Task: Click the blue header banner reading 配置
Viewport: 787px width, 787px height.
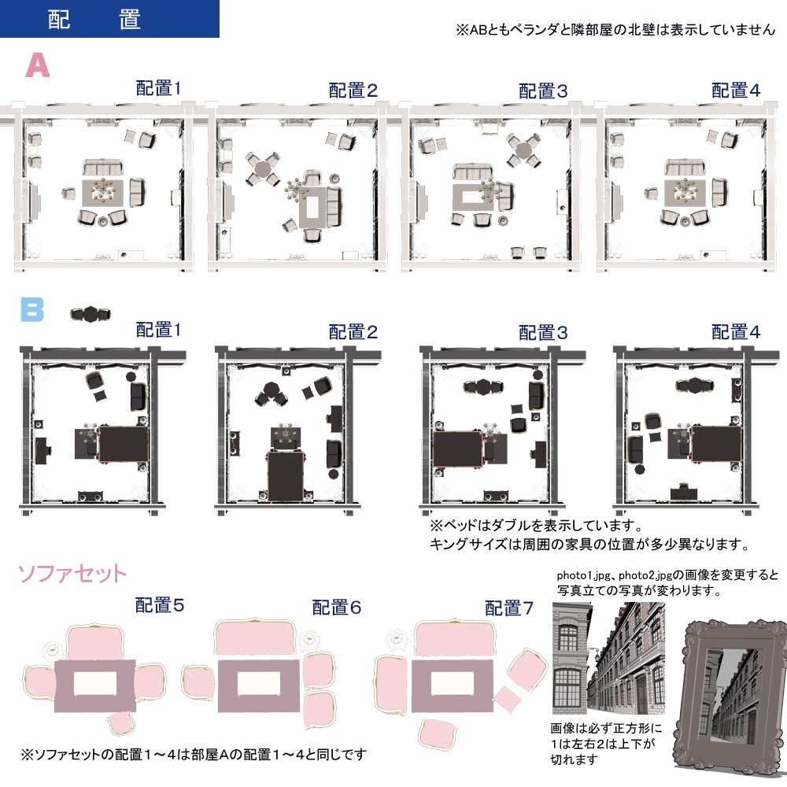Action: (109, 19)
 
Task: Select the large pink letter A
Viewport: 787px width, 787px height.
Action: (38, 66)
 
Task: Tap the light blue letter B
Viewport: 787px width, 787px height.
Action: (32, 310)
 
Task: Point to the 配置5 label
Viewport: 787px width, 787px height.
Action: (160, 605)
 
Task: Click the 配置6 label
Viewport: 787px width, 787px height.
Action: (337, 608)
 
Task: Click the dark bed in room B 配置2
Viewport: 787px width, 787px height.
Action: (286, 475)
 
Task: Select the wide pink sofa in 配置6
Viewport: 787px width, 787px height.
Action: (253, 637)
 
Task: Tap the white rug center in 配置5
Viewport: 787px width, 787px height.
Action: (94, 683)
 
